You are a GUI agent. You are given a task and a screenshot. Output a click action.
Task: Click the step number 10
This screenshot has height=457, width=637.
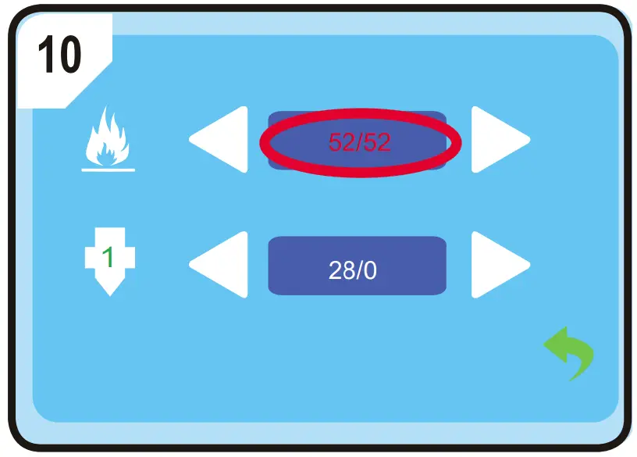tap(59, 54)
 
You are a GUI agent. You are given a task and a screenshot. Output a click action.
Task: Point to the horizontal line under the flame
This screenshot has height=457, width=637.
tap(108, 169)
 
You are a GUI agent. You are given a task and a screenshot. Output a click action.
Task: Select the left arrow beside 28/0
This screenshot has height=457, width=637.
tap(220, 265)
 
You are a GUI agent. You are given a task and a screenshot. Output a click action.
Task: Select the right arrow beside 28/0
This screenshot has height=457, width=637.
tap(498, 265)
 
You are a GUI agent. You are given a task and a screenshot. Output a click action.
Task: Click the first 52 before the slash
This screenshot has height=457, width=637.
tap(340, 143)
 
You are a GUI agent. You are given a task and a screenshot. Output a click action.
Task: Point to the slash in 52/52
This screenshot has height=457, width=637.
tap(358, 143)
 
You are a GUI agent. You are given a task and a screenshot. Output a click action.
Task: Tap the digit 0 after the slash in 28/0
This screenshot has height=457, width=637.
tap(371, 270)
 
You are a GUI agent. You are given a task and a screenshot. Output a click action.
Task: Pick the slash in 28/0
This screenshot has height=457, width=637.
tap(359, 270)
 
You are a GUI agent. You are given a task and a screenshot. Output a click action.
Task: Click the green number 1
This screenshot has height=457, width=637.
tap(109, 258)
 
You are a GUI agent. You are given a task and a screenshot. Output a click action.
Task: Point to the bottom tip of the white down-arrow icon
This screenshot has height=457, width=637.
tap(109, 295)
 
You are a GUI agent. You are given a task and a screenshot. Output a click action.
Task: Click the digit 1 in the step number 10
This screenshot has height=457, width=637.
tap(45, 54)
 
